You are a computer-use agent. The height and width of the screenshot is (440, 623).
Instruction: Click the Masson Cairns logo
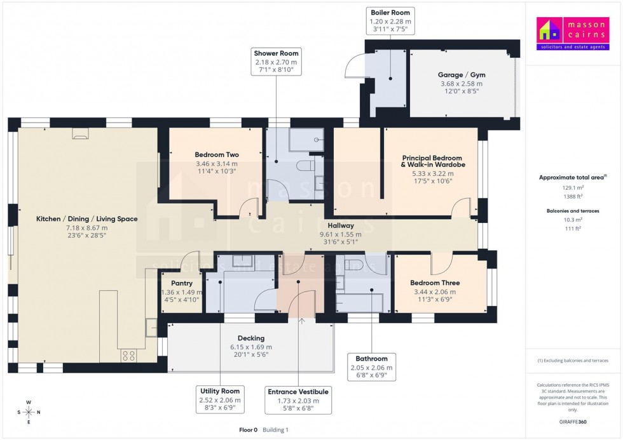click(x=573, y=34)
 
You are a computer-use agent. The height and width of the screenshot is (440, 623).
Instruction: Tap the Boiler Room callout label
click(x=391, y=21)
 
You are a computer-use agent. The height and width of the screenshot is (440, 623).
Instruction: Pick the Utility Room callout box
click(x=219, y=399)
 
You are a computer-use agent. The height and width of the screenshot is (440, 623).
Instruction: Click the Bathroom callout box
click(x=372, y=367)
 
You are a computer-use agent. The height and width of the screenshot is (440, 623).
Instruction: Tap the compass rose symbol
click(x=28, y=412)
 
